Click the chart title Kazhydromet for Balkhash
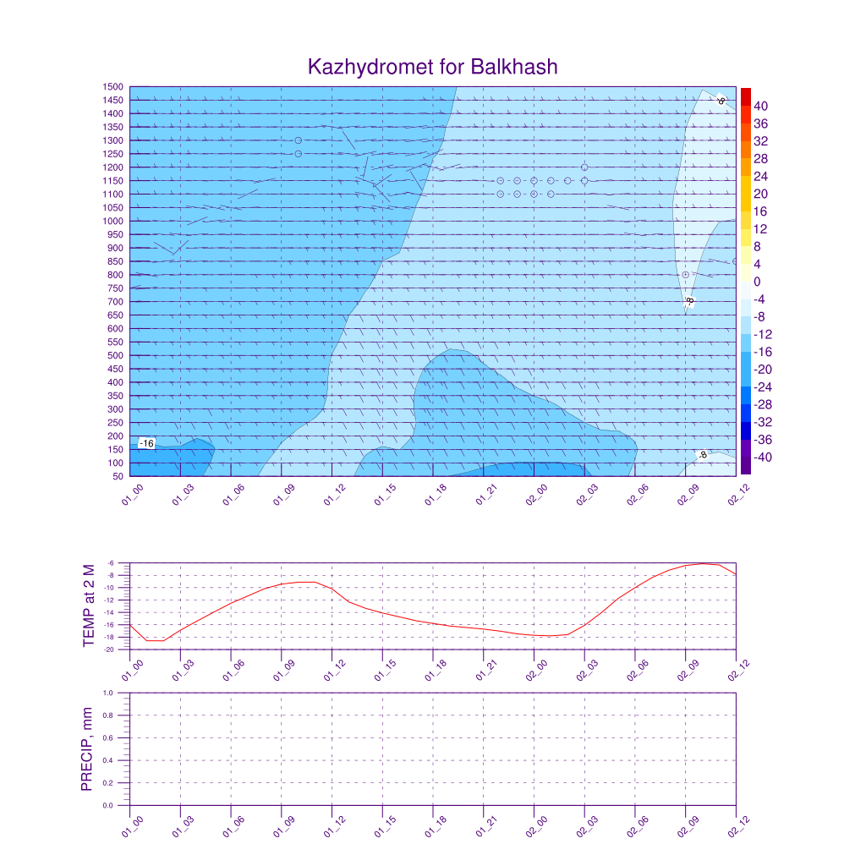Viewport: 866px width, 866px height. pyautogui.click(x=433, y=67)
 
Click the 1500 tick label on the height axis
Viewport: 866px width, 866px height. pyautogui.click(x=114, y=87)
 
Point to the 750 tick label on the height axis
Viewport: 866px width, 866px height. pyautogui.click(x=116, y=288)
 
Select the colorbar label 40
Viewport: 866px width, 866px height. pyautogui.click(x=760, y=106)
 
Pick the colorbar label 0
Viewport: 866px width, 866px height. pyautogui.click(x=757, y=282)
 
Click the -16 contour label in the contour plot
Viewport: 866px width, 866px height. pyautogui.click(x=147, y=443)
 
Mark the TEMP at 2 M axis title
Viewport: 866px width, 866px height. pyautogui.click(x=89, y=606)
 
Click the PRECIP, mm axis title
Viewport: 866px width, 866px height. pyautogui.click(x=86, y=749)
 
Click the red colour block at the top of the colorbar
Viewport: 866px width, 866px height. pyautogui.click(x=745, y=96)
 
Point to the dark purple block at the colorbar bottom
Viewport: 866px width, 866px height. pyautogui.click(x=745, y=466)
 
